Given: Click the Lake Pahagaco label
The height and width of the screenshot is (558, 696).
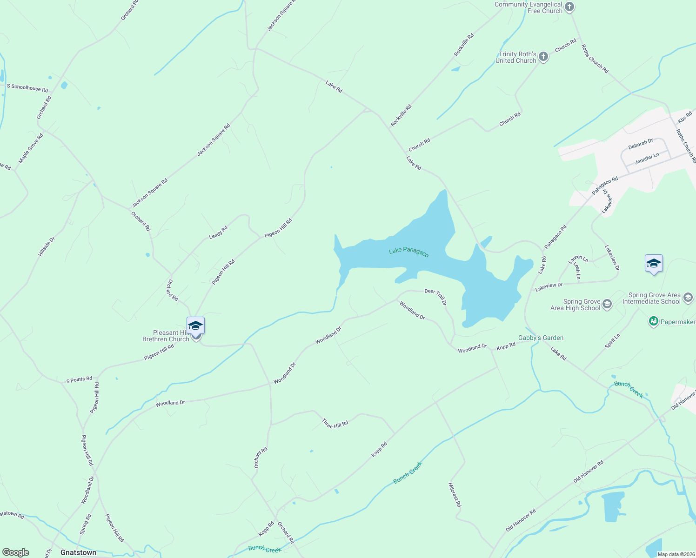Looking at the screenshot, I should pos(408,252).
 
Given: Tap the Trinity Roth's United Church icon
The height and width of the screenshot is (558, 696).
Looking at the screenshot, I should pos(543,57).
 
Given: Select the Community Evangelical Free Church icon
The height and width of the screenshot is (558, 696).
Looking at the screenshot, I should pos(569,7).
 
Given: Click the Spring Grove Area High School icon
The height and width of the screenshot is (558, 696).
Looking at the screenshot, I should pos(607,305).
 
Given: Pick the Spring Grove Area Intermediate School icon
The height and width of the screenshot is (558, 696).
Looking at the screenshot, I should pos(688,298).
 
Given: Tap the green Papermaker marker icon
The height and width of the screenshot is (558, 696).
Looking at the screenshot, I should pos(653,321).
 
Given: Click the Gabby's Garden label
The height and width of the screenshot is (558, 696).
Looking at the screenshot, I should pos(541,338).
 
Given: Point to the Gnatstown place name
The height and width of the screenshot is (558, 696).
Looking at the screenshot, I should pos(78,552).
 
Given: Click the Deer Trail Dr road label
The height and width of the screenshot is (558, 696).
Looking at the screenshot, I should pos(435,297).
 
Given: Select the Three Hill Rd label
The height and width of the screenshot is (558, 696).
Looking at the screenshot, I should pos(335,424).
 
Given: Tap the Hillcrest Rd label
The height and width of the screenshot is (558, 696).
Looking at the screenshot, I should pos(455,495).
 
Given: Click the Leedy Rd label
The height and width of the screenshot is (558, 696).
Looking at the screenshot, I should pos(218,232).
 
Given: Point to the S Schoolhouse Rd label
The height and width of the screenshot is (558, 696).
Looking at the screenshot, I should pos(27,87).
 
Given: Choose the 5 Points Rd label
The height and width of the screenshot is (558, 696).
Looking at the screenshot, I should pos(79,379).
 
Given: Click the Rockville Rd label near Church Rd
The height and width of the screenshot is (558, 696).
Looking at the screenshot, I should pos(401,115).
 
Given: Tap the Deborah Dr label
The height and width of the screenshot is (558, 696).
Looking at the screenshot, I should pos(641,144).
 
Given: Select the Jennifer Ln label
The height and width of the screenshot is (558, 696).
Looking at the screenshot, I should pos(647,159).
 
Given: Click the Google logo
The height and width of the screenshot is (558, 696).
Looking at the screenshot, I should pos(16,552).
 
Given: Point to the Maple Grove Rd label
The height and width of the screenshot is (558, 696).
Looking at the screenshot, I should pos(31,148).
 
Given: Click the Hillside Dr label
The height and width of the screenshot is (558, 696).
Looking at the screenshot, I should pos(47,246).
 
